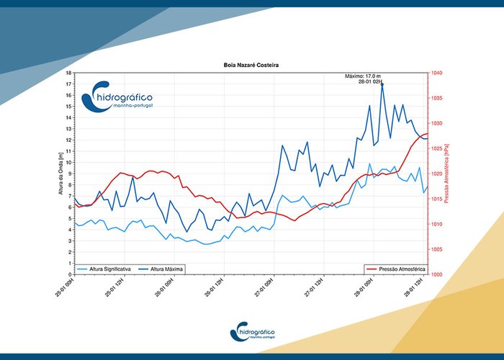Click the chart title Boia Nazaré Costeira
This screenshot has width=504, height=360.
click(x=251, y=66)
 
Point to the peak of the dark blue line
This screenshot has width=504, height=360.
click(x=382, y=84)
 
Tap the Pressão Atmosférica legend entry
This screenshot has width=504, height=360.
click(x=395, y=269)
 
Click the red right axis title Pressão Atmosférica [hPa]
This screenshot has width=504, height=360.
click(x=446, y=174)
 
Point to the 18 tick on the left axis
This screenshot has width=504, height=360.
click(x=68, y=73)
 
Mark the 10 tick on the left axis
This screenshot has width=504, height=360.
click(x=68, y=163)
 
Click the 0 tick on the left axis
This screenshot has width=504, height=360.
click(x=70, y=274)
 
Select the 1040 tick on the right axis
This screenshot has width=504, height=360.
click(x=437, y=73)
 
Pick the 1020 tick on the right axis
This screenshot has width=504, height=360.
click(x=437, y=174)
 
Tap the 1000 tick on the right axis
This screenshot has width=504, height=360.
click(x=437, y=274)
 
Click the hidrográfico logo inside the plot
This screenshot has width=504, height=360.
click(x=119, y=101)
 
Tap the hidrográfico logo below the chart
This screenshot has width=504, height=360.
click(x=252, y=332)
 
